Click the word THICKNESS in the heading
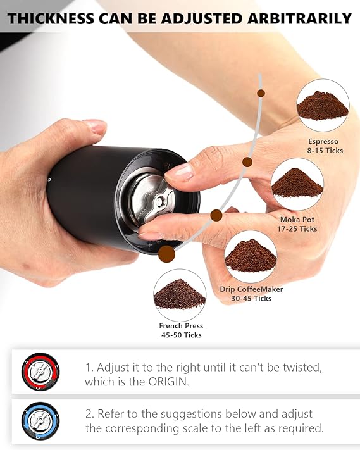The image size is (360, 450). pyautogui.click(x=51, y=18)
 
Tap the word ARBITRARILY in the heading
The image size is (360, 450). pyautogui.click(x=299, y=18)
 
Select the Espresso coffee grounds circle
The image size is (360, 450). pyautogui.click(x=323, y=105)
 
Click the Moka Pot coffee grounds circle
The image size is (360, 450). pyautogui.click(x=297, y=184)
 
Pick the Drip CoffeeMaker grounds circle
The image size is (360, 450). pyautogui.click(x=251, y=256)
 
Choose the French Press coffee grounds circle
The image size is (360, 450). pyautogui.click(x=180, y=295)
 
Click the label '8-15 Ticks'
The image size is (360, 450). pyautogui.click(x=325, y=151)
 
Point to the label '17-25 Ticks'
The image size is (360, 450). pyautogui.click(x=297, y=228)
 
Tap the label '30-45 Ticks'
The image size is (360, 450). pyautogui.click(x=251, y=299)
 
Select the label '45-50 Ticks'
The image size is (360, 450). pyautogui.click(x=182, y=335)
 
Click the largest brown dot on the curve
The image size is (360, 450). pyautogui.click(x=166, y=254)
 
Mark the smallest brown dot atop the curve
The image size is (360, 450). pyautogui.click(x=261, y=93)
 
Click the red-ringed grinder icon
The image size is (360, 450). pyautogui.click(x=40, y=372)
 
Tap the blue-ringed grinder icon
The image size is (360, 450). pyautogui.click(x=40, y=421)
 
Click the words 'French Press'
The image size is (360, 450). pyautogui.click(x=181, y=326)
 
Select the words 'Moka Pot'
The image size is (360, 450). pyautogui.click(x=297, y=220)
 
